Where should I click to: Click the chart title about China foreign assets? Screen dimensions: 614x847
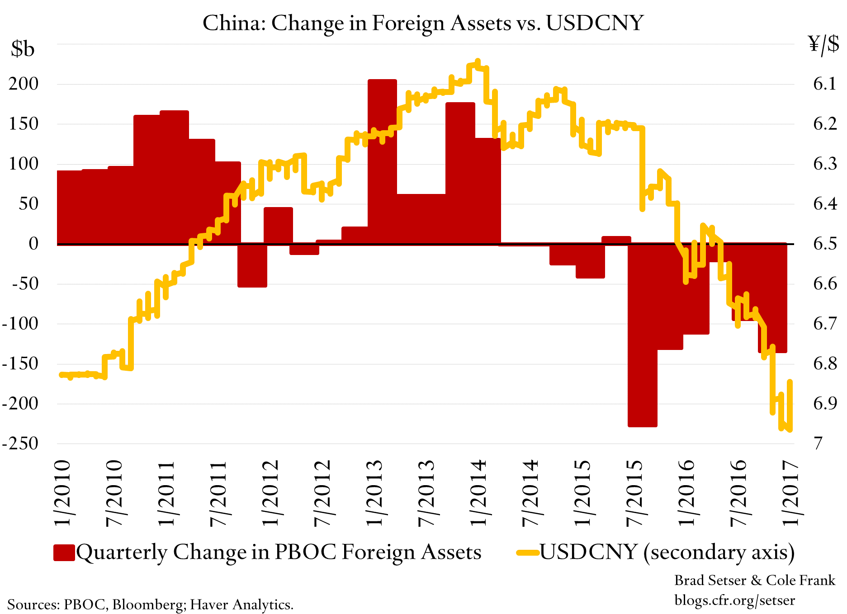(x=423, y=23)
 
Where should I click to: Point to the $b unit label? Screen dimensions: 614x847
(x=23, y=48)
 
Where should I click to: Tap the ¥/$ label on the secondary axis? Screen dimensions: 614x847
(x=823, y=44)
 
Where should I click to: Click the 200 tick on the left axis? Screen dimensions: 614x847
(x=24, y=84)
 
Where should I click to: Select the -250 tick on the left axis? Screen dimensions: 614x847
(x=20, y=443)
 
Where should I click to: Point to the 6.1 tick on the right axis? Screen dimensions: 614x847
(x=825, y=84)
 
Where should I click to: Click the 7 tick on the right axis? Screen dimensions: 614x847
(x=818, y=443)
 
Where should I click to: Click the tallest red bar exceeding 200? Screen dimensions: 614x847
(x=382, y=158)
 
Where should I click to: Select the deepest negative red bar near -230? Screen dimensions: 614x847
(x=642, y=339)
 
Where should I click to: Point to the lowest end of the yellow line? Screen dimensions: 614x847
(x=790, y=430)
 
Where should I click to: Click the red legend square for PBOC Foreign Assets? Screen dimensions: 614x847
(x=64, y=553)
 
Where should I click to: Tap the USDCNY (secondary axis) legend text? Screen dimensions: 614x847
(x=667, y=552)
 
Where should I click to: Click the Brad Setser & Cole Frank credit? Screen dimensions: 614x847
(x=754, y=580)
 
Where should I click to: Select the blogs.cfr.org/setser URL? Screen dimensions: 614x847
(x=734, y=600)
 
